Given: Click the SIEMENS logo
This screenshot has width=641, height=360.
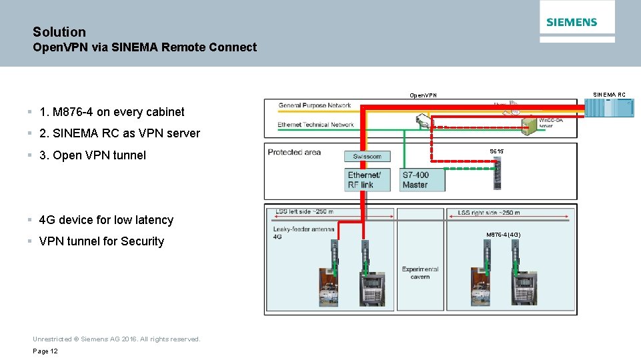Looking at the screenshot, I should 572,22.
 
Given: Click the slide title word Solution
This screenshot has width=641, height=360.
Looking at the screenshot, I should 59,32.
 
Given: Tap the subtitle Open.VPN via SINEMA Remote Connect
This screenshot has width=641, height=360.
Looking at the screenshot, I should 145,47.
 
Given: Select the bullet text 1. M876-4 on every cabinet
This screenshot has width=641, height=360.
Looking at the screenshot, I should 111,112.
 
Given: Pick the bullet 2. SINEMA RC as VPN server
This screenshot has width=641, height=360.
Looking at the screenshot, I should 119,133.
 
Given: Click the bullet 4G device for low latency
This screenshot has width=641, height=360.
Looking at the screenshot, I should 106,220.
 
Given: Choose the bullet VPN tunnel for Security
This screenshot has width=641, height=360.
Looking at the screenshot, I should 101,241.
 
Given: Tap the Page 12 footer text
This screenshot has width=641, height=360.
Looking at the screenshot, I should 45,351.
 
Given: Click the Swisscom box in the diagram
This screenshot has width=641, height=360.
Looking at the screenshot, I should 367,157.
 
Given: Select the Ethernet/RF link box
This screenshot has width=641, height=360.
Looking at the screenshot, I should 368,180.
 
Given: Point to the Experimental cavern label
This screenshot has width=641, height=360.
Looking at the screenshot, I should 420,272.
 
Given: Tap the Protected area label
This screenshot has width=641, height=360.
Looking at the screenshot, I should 294,152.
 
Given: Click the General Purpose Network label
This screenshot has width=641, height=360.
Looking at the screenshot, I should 314,105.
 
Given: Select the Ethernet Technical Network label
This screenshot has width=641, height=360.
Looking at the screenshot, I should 315,125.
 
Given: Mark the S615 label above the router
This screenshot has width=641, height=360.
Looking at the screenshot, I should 496,152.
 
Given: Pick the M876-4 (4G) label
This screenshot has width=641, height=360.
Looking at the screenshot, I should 503,235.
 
